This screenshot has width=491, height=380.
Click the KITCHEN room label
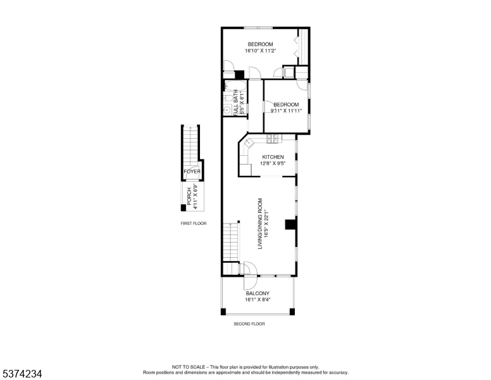[x=273, y=157]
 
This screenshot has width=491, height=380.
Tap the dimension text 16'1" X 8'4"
[x=258, y=300]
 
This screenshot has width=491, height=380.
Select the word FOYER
[x=192, y=172]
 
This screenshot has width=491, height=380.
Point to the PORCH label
[x=189, y=196]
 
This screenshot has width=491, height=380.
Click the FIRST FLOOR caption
[x=194, y=224]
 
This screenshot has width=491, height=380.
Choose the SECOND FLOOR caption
[x=249, y=324]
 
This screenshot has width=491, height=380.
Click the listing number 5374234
[x=22, y=374]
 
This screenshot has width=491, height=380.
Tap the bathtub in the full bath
[x=232, y=85]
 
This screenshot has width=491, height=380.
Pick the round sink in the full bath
[x=227, y=110]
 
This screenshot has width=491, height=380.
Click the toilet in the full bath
[x=227, y=98]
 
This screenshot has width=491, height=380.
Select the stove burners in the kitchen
[x=273, y=139]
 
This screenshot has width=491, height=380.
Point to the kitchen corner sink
[x=249, y=142]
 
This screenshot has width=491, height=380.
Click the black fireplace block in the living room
[x=290, y=224]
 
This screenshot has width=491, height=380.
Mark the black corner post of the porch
[x=183, y=208]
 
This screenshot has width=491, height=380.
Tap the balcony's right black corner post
[x=292, y=312]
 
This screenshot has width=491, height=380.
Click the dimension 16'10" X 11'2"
[x=260, y=51]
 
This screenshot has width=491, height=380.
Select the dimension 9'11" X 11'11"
[x=286, y=111]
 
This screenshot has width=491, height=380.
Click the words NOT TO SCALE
[x=188, y=367]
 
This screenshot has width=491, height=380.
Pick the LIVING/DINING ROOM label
[x=259, y=224]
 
